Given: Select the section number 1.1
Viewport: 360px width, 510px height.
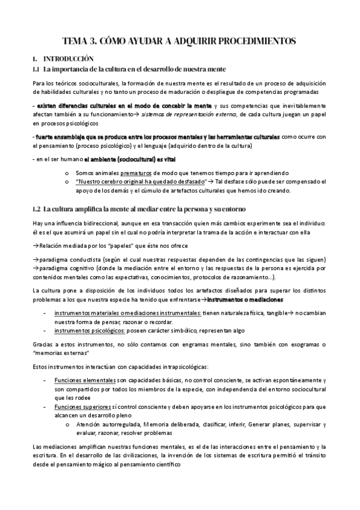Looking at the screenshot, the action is (x=35, y=70).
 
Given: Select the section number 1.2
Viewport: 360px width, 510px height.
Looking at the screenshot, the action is (x=35, y=209).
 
